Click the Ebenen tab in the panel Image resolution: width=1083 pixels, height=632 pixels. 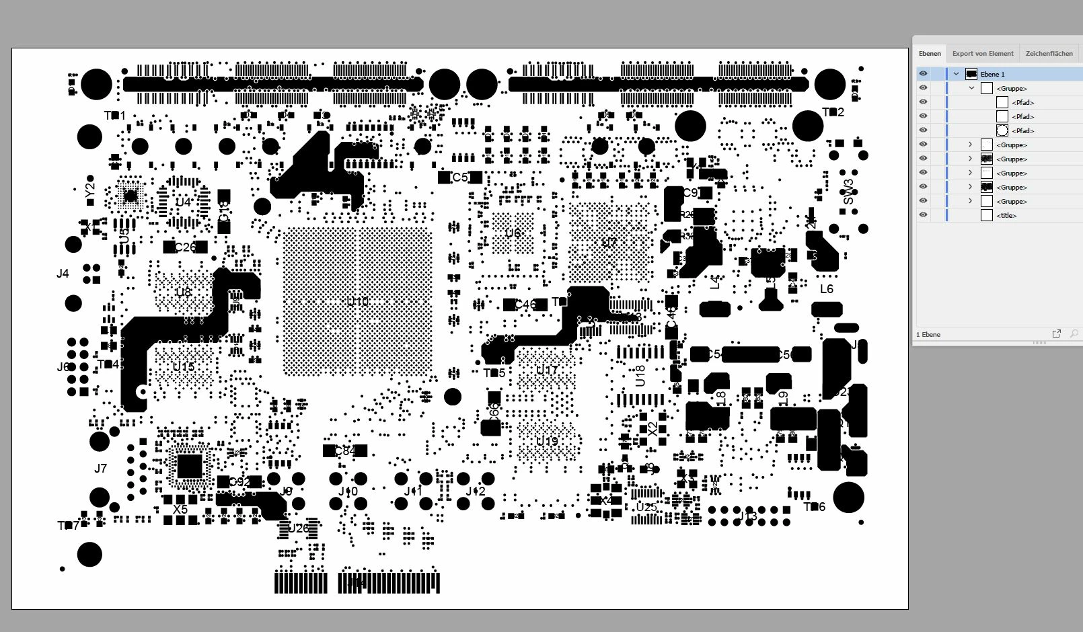[x=930, y=54]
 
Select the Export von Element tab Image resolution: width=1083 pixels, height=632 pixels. [x=982, y=54]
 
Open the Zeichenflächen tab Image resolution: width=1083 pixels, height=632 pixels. [x=1049, y=54]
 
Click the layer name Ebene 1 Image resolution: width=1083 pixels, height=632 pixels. [x=992, y=74]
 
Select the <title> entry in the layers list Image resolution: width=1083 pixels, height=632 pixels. [x=1006, y=216]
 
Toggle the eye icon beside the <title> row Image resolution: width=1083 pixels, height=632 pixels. [x=923, y=215]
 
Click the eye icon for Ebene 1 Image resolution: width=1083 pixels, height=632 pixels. [x=923, y=74]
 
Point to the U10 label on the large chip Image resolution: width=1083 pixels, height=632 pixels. [x=357, y=302]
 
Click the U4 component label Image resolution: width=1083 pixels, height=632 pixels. [x=183, y=202]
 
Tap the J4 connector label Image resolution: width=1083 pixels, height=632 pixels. [x=63, y=274]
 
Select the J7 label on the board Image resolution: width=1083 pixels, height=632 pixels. [x=100, y=469]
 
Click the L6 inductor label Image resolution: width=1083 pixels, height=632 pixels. [x=826, y=289]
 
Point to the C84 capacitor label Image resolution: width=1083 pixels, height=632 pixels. [x=344, y=450]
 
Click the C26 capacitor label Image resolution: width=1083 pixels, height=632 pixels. [x=185, y=247]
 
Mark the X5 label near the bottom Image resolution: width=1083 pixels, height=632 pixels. [x=180, y=510]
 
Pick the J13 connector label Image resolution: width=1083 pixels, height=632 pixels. [x=747, y=516]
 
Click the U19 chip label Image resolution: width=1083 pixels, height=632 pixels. [x=547, y=442]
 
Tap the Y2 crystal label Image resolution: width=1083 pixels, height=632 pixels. [x=90, y=191]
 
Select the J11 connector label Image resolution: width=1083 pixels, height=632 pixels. [x=413, y=491]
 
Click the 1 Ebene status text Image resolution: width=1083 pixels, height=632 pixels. [x=928, y=334]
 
